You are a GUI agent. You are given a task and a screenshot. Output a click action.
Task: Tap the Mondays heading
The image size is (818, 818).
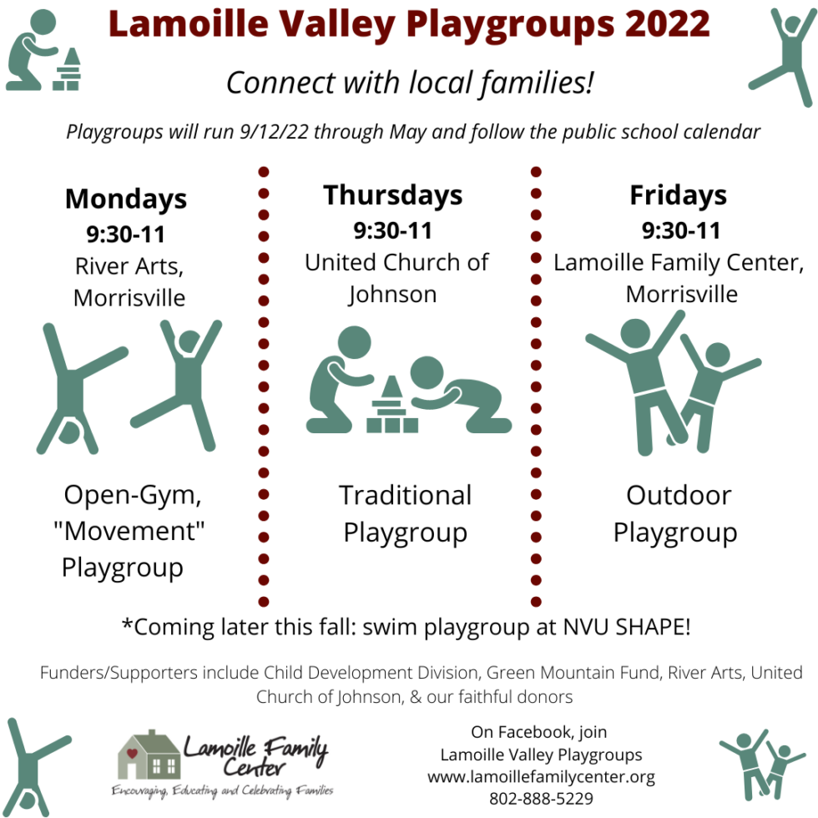coord(126,199)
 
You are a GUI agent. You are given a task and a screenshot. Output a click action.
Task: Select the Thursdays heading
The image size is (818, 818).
coord(393,195)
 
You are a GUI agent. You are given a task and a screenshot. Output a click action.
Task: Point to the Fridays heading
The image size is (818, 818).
coord(678,195)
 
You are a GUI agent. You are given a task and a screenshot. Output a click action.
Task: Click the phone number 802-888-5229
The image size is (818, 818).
coord(541,798)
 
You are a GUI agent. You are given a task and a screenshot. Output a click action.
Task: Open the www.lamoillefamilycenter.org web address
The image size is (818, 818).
coord(541,776)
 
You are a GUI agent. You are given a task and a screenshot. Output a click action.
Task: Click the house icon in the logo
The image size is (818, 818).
coord(149,755)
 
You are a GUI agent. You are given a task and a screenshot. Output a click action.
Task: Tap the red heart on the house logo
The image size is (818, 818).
coord(132,753)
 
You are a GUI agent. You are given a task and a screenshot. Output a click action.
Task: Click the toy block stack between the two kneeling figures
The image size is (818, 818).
coord(391,404)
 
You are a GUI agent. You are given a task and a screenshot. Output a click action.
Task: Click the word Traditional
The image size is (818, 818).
coord(406,495)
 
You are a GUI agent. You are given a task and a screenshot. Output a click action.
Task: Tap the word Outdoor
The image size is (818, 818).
coord(679,495)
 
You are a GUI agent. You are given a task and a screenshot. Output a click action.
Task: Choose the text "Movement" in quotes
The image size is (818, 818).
coord(129,531)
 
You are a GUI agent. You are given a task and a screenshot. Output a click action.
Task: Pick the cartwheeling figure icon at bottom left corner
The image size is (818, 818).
coord(34,767)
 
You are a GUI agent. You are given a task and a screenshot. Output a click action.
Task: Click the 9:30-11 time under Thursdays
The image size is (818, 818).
coord(393,230)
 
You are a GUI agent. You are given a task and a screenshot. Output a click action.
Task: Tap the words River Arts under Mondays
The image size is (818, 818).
coord(129,266)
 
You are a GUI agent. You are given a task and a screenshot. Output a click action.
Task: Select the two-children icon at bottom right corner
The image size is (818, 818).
coord(761,765)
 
